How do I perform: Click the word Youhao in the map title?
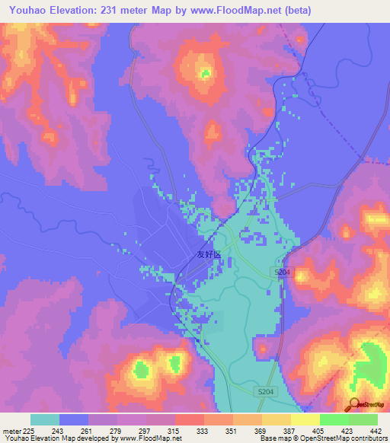26,9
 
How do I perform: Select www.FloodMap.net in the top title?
221,9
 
